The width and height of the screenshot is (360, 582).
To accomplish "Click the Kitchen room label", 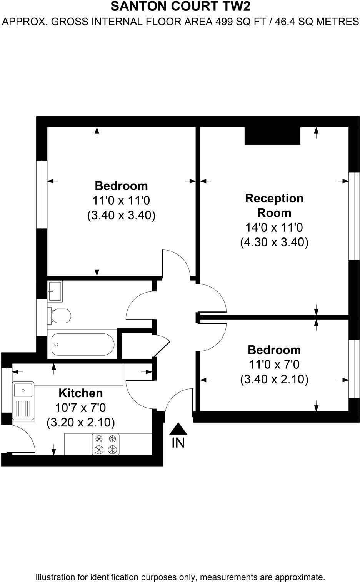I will [80, 393].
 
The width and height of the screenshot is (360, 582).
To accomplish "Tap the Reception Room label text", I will [274, 205].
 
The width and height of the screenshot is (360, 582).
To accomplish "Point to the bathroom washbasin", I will [55, 291].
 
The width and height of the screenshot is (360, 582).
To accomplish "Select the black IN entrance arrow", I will [178, 429].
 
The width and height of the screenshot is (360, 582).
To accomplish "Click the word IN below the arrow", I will [178, 443].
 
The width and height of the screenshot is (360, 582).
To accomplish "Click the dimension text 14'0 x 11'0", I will [274, 227].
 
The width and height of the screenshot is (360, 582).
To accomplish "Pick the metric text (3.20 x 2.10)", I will [80, 423].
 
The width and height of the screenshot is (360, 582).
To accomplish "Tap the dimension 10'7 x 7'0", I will [80, 408].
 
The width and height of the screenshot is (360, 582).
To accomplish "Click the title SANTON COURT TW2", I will [180, 7].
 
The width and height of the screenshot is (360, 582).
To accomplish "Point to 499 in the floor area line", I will [222, 22].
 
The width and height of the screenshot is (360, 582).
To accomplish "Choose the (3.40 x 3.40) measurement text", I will [121, 215].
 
